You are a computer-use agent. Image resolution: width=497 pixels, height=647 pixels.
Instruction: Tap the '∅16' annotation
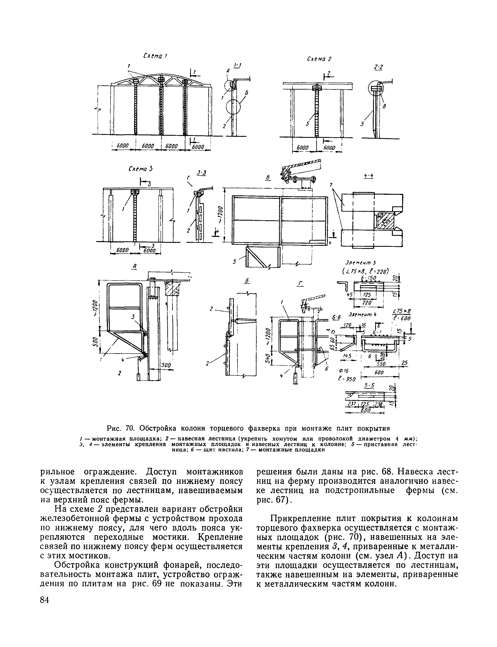(345, 371)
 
